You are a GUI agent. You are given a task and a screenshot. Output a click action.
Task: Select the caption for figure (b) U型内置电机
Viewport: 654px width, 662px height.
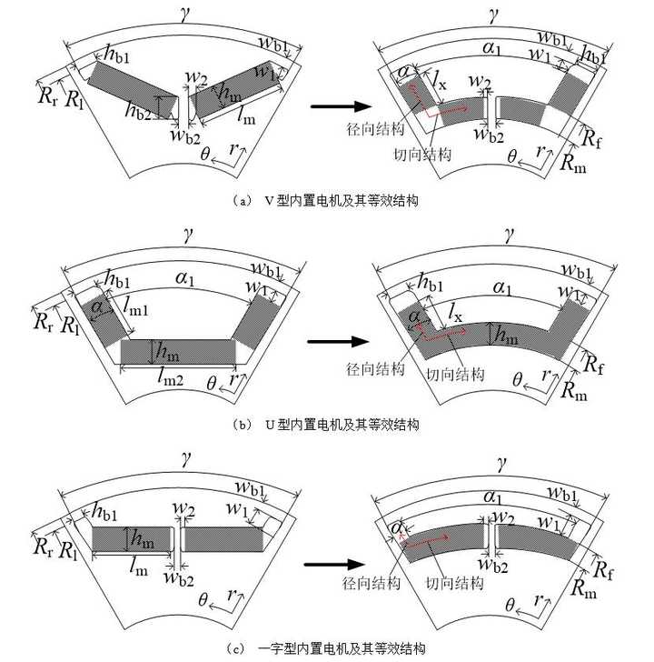coord(327,424)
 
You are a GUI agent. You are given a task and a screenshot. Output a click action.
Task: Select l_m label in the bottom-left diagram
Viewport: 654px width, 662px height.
coord(139,568)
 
